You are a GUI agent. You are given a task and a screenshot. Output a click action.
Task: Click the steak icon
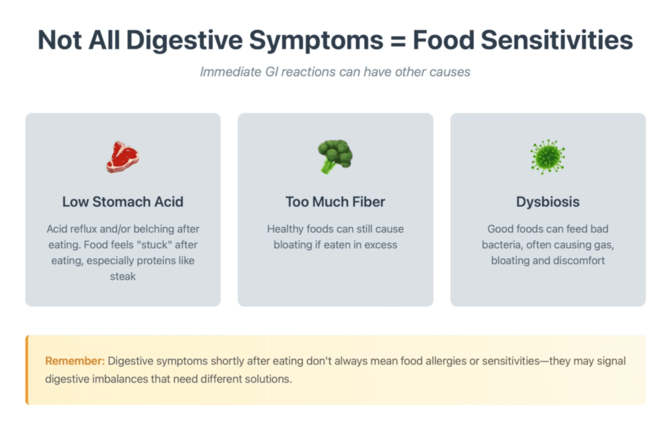coord(123,157)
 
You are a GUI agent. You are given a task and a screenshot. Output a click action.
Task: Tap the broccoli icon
coord(335,156)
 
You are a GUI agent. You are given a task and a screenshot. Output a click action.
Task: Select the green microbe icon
coord(548,157)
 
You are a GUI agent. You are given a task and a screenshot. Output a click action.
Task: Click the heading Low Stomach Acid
coord(123,202)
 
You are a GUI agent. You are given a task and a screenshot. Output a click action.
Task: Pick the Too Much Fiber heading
coord(335,202)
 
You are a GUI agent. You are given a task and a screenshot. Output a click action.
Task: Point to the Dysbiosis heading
coord(548,202)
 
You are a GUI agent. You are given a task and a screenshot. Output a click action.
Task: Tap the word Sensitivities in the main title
coord(557,40)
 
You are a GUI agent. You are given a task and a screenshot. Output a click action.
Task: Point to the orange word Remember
coord(75,361)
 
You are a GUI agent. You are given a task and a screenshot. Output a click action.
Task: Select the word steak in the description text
coord(123,277)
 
